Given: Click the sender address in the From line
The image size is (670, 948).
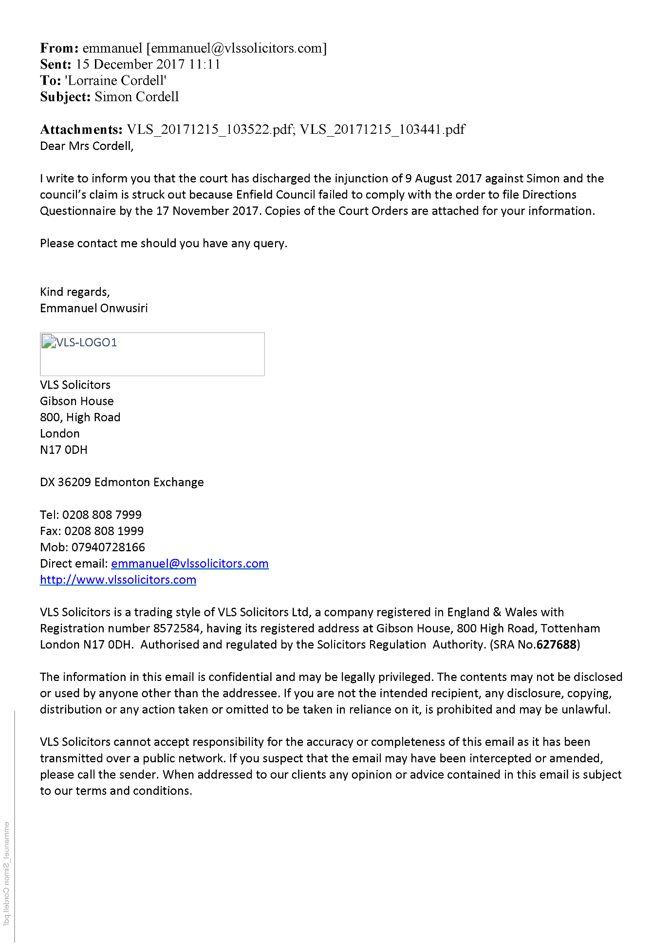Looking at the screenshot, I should coord(237,48).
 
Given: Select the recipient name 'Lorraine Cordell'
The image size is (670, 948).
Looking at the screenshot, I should coord(115,80).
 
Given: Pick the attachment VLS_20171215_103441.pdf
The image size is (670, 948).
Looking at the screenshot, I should coord(382,129).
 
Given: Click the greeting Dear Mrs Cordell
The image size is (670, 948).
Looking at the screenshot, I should coord(86,146).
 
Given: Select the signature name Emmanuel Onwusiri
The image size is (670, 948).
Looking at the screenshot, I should coord(93,308).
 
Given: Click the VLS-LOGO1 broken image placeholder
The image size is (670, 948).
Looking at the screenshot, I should coord(152,354).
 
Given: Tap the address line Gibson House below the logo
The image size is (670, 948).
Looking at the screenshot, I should coord(76,401).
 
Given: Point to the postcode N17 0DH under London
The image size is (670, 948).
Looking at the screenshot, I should coord(63,450).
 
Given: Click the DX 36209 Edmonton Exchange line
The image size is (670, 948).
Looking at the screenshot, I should coord(122,483).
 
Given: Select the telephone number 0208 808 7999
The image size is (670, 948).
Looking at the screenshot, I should coord(102,515).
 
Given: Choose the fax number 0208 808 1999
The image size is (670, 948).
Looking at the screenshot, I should coord(104,531).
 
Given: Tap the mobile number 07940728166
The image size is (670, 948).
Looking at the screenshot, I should coord(108,547).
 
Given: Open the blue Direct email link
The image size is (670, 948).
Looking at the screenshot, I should coord(189,564).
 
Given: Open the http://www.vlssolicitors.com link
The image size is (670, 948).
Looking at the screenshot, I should coord(118,580).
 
